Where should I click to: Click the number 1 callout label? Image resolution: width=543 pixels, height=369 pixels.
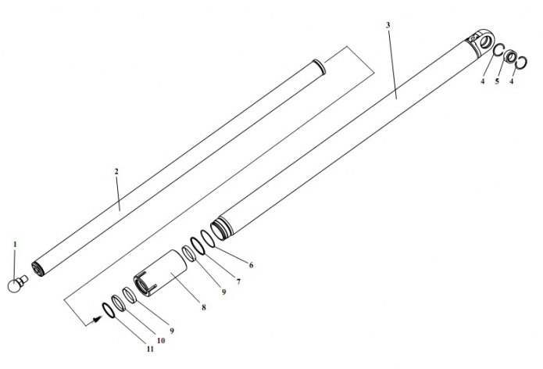15,245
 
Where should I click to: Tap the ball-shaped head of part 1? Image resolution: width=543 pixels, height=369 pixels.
14,286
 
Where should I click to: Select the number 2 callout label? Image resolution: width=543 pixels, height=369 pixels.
116,171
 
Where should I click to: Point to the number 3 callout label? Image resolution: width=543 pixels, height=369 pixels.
388,25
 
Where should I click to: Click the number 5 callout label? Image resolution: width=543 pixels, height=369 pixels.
497,81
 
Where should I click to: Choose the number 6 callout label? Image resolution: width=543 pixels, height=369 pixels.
251,265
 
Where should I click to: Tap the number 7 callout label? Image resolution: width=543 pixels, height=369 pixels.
238,281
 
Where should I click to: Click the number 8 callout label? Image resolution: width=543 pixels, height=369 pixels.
204,307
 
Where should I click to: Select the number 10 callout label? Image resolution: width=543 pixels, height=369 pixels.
161,341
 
